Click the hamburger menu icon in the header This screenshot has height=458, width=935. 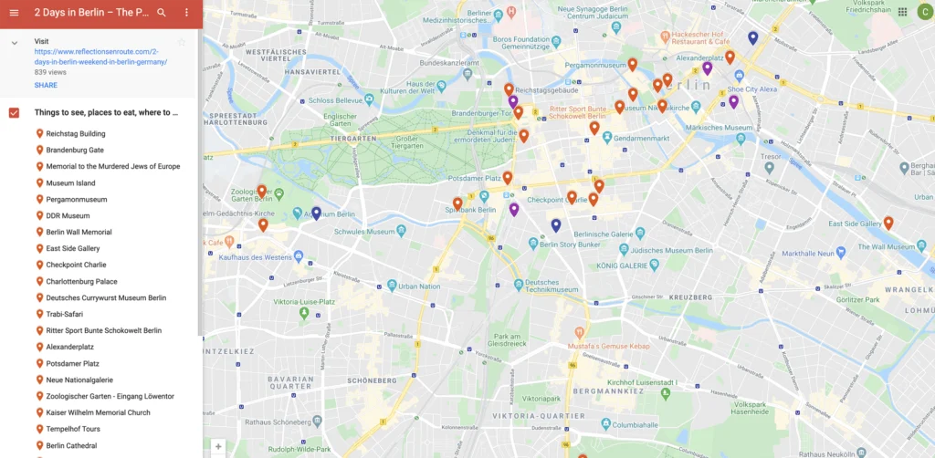[x=14, y=13]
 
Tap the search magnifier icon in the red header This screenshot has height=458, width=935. [x=162, y=13]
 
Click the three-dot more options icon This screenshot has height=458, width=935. [x=186, y=13]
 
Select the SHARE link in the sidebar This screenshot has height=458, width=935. [x=46, y=85]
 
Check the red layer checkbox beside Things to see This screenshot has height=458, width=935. [x=14, y=112]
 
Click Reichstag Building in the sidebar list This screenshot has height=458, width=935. [x=76, y=134]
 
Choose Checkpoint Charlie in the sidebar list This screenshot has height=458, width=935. [x=76, y=265]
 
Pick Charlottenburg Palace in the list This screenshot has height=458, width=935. [x=81, y=281]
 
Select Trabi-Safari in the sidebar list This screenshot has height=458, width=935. [x=65, y=314]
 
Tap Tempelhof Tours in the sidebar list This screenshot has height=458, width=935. [x=73, y=429]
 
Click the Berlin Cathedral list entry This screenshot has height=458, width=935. [x=71, y=445]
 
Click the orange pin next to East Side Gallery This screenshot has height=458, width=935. [x=888, y=222]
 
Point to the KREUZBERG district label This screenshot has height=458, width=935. [x=691, y=297]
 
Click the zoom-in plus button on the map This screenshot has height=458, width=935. [x=218, y=447]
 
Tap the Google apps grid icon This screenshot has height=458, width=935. [x=902, y=12]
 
